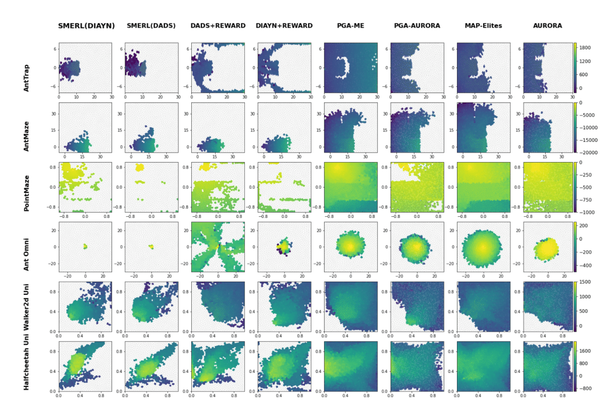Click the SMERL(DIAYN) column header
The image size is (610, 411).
(86, 26)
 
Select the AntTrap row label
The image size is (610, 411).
(26, 68)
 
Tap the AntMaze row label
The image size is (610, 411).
(26, 127)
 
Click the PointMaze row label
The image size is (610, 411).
(26, 187)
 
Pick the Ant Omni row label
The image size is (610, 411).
(26, 247)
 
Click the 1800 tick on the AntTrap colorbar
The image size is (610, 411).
(587, 46)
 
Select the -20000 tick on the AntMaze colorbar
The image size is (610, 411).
(589, 152)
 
